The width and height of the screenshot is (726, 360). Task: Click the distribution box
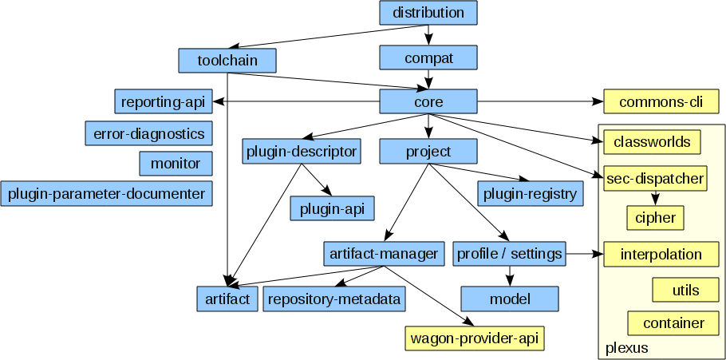coord(428,13)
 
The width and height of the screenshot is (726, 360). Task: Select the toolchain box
coord(227,60)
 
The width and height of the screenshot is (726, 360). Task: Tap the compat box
coord(428,57)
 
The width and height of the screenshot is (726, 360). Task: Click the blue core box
coord(428,102)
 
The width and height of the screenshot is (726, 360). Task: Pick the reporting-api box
coord(164,102)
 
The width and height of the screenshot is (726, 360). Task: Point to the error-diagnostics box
coord(148,133)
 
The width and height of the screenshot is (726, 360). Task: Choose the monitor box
coord(176,164)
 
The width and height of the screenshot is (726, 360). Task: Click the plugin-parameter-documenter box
coord(107,194)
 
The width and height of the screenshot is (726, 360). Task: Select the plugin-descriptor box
coord(301,151)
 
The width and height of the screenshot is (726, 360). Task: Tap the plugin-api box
coord(332,209)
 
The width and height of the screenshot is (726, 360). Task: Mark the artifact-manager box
coord(384,254)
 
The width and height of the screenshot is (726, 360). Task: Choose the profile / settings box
coord(510,254)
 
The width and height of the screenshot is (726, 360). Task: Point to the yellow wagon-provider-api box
coord(475,338)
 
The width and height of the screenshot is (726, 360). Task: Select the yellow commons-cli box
coord(661,102)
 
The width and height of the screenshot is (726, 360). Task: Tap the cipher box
coord(656,217)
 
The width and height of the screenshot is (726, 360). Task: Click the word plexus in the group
coord(627,348)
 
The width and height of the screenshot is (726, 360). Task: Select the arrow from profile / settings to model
coord(510,275)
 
